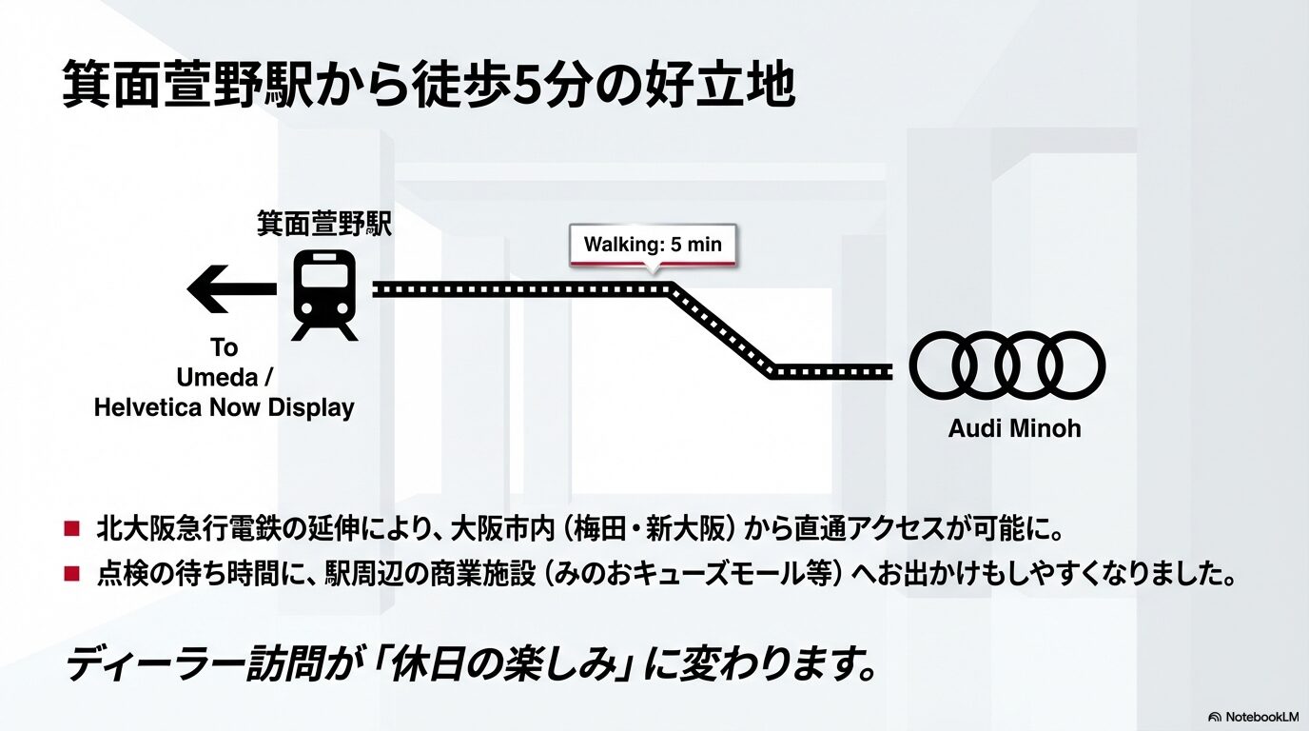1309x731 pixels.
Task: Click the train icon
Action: [324, 294]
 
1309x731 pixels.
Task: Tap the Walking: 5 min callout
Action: [653, 245]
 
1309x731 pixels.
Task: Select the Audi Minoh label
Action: [1014, 428]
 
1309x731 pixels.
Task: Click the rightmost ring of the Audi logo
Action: [1070, 365]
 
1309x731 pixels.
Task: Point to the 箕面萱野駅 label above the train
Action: [324, 225]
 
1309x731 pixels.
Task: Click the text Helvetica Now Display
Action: [225, 408]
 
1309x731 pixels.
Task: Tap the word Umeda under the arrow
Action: [217, 378]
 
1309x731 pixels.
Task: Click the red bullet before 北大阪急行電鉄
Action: [71, 526]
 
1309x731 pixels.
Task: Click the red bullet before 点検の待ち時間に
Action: [71, 574]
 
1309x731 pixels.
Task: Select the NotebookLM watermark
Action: [1253, 716]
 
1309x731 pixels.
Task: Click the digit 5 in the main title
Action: [525, 85]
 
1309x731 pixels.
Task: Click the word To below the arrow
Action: [225, 347]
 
